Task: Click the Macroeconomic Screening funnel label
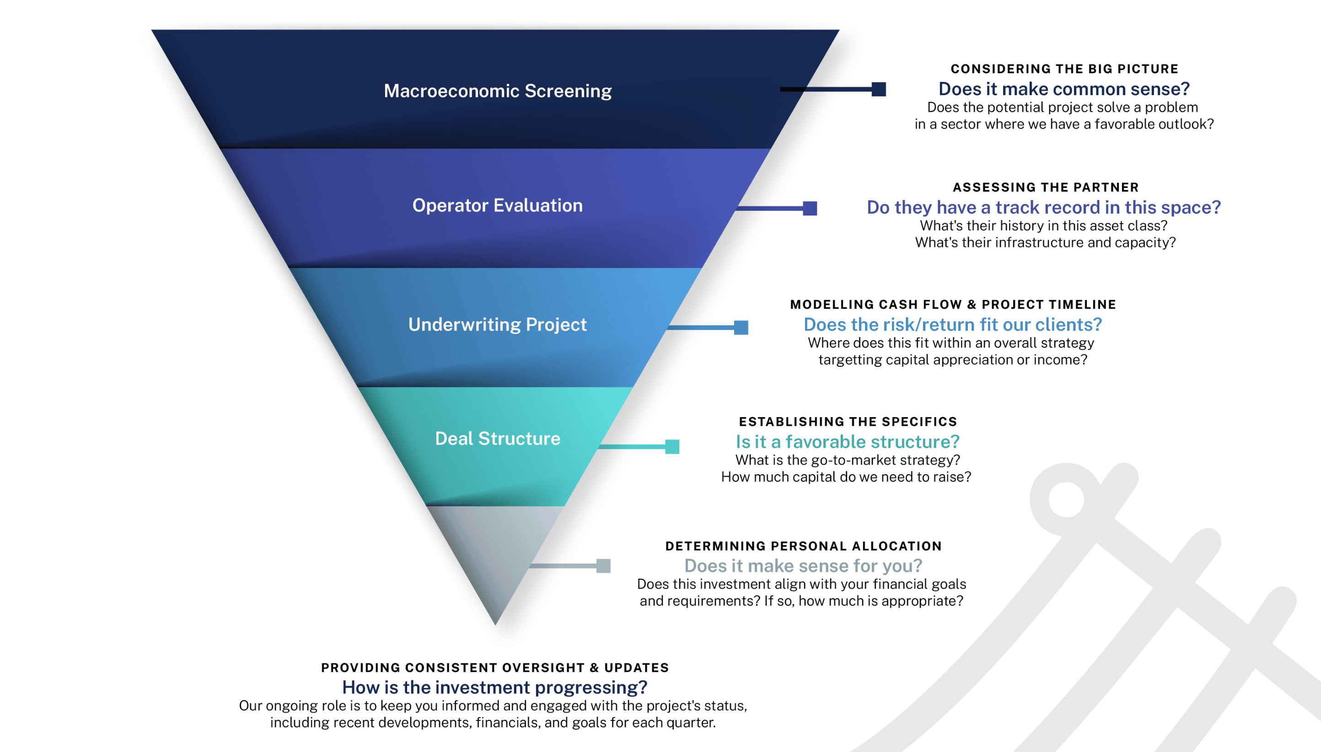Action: tap(497, 91)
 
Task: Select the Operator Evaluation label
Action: tap(497, 205)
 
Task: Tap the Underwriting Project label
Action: tap(497, 324)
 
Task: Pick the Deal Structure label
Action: tap(497, 439)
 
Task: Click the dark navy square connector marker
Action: tap(878, 89)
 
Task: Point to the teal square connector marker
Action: tap(672, 446)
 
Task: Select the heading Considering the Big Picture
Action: tap(1064, 69)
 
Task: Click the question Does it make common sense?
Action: tap(1064, 89)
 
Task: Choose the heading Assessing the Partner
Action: tap(1045, 187)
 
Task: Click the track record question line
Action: tap(1043, 207)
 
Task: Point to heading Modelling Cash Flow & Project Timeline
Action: tap(953, 304)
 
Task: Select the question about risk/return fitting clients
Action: tap(953, 324)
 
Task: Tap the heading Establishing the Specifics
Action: tap(848, 421)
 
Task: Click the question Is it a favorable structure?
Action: tap(848, 441)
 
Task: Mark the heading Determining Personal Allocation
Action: tap(803, 546)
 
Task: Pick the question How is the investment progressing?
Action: tap(494, 688)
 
